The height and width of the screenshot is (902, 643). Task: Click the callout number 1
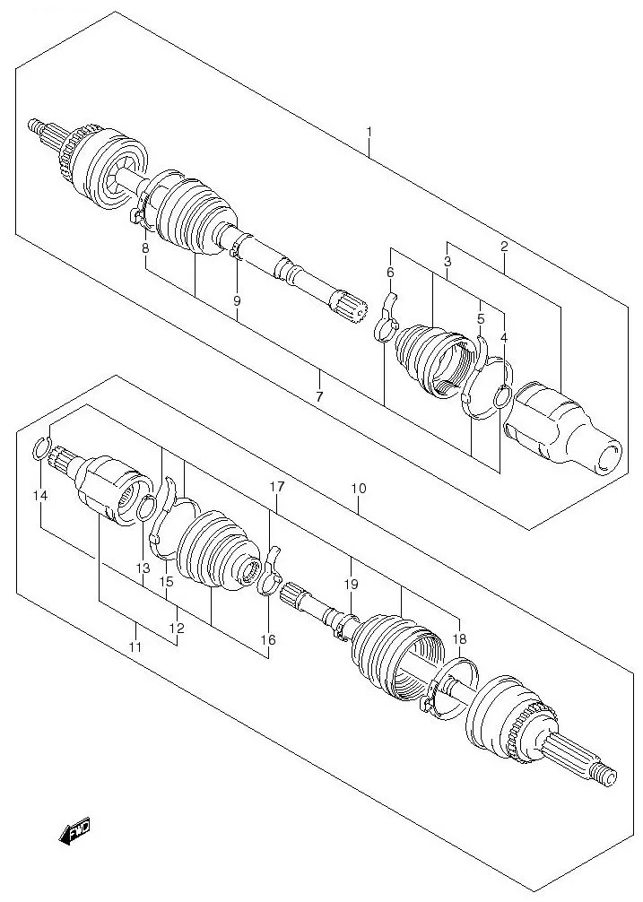click(x=369, y=133)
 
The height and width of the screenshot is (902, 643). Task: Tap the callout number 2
click(x=504, y=247)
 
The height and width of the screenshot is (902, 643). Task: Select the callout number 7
click(x=319, y=395)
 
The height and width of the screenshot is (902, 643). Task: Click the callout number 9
click(x=237, y=301)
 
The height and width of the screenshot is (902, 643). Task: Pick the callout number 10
click(x=359, y=489)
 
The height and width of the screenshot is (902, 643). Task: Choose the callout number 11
click(x=135, y=646)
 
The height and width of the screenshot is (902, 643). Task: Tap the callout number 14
click(x=39, y=495)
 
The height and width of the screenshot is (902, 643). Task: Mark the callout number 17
click(x=277, y=487)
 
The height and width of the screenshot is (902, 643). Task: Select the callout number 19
click(x=350, y=584)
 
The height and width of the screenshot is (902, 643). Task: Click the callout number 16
click(x=269, y=639)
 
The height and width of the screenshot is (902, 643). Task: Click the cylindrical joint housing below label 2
click(x=560, y=429)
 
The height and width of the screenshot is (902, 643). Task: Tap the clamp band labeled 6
click(x=385, y=318)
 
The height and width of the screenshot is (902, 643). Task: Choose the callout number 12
click(x=177, y=629)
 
